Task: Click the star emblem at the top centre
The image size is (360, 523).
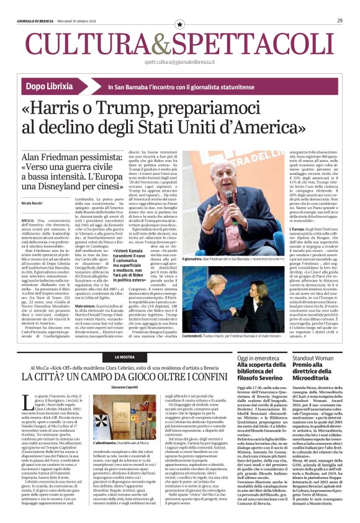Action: tap(179, 24)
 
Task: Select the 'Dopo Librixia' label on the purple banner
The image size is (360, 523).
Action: tap(53, 89)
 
